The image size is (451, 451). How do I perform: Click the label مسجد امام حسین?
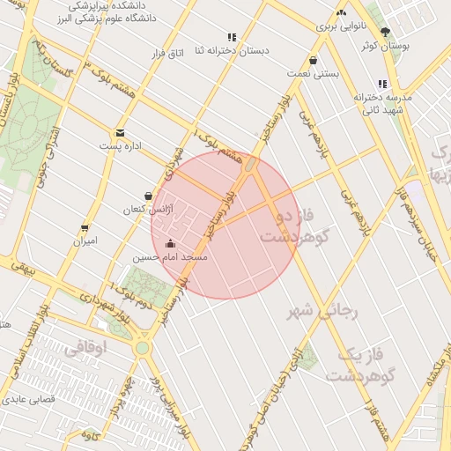point(170,258)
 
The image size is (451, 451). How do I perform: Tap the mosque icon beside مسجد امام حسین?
point(170,244)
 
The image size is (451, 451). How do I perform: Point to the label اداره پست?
point(126,147)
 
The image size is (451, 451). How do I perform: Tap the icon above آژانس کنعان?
point(148,196)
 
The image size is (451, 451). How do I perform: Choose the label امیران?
point(85,240)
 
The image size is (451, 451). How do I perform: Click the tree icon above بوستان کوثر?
point(384,31)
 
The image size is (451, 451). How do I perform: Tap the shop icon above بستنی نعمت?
point(314,62)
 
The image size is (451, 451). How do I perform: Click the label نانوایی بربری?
point(340,27)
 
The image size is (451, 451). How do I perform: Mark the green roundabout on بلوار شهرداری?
point(142,348)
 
